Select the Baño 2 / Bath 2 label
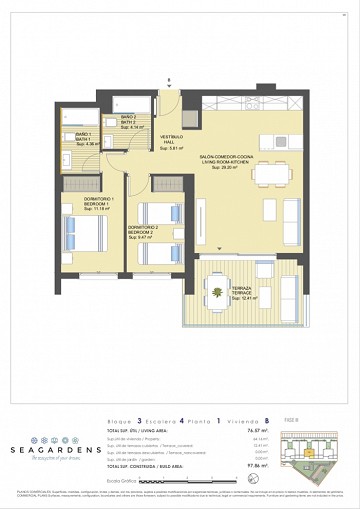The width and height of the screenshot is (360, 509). (128, 122)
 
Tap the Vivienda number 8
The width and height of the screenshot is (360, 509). (268, 411)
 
